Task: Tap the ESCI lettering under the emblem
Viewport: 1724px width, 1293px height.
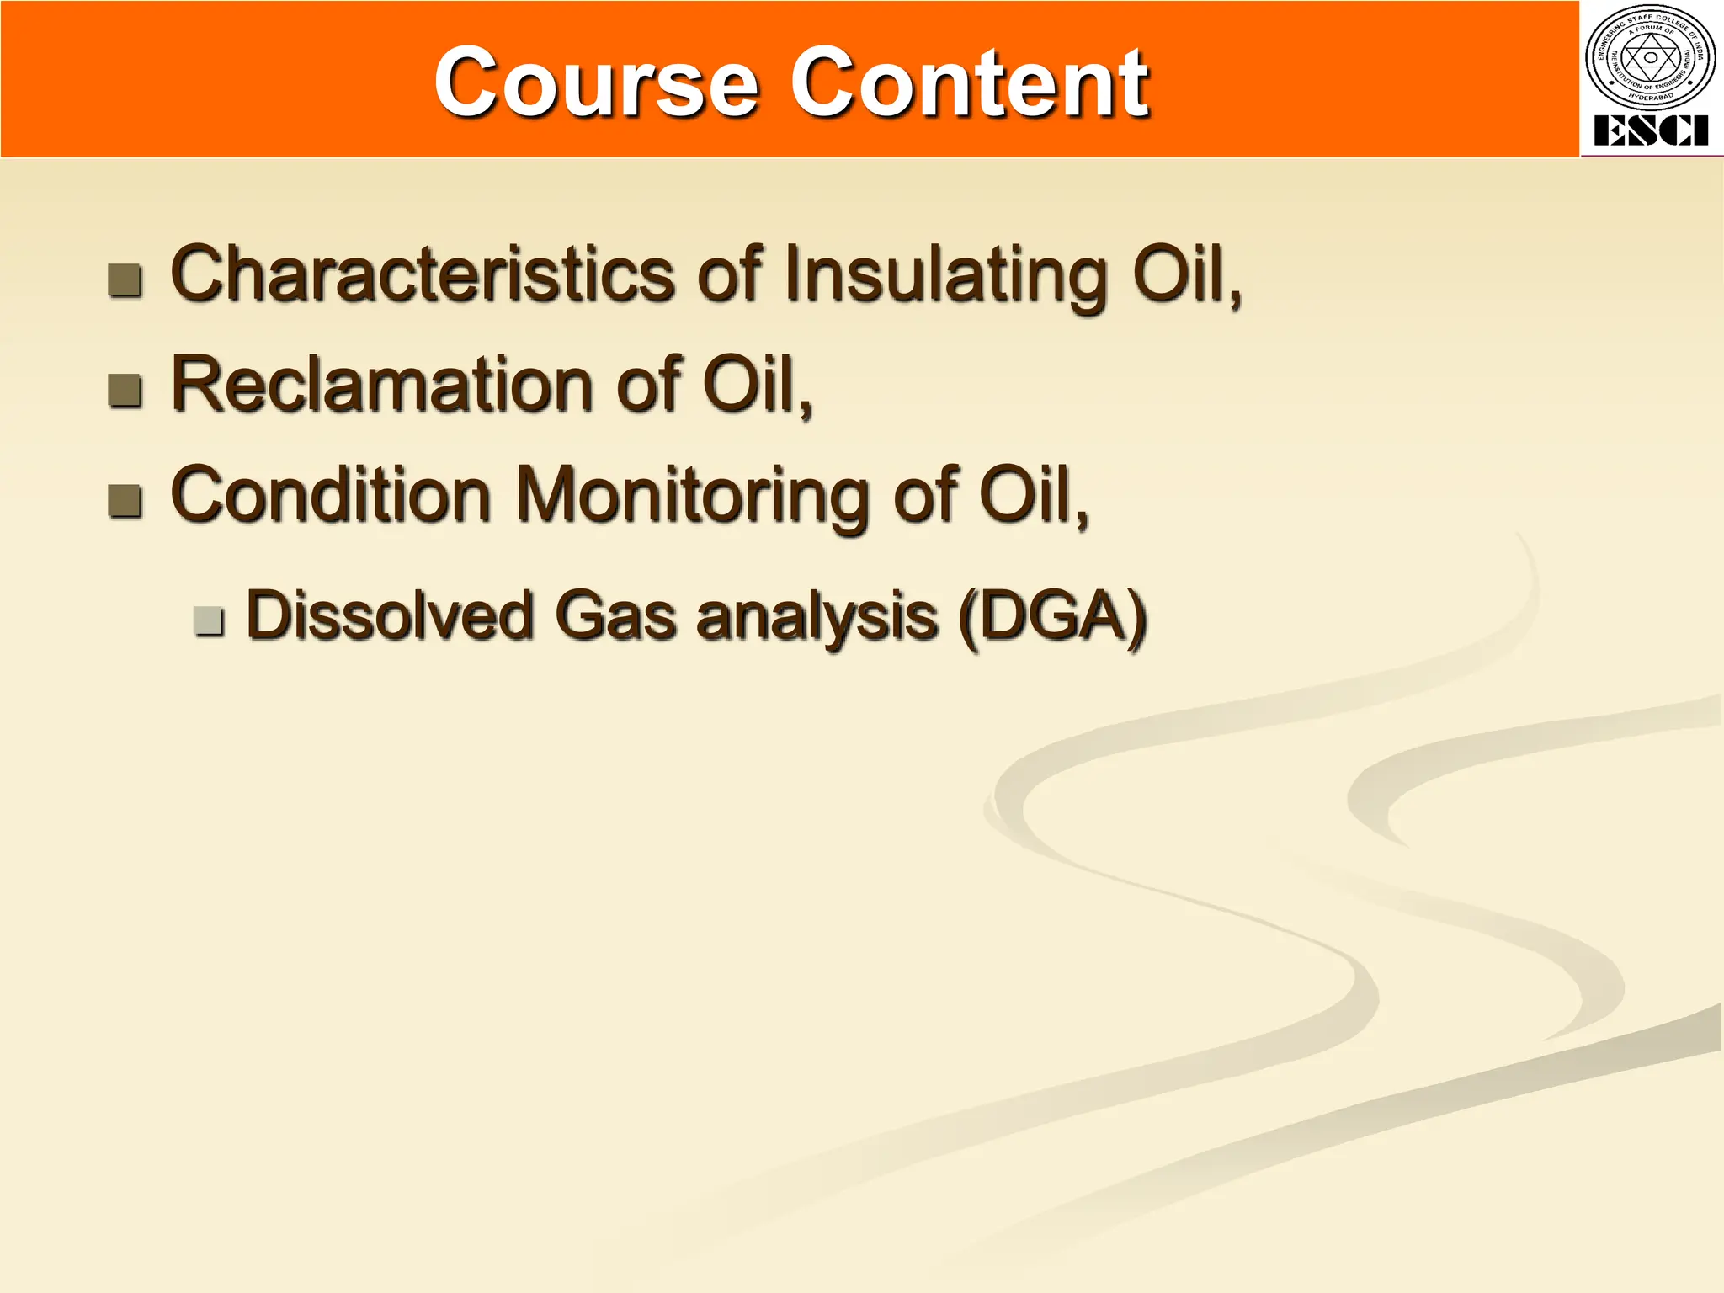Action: tap(1651, 131)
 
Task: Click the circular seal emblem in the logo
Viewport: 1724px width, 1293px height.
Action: tap(1651, 58)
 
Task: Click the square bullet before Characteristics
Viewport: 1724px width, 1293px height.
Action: tap(125, 280)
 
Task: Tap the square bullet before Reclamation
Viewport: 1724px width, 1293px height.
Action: tap(125, 390)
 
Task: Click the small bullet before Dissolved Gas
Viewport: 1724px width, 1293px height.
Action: tap(208, 620)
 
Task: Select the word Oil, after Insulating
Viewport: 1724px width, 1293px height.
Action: tap(1186, 276)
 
